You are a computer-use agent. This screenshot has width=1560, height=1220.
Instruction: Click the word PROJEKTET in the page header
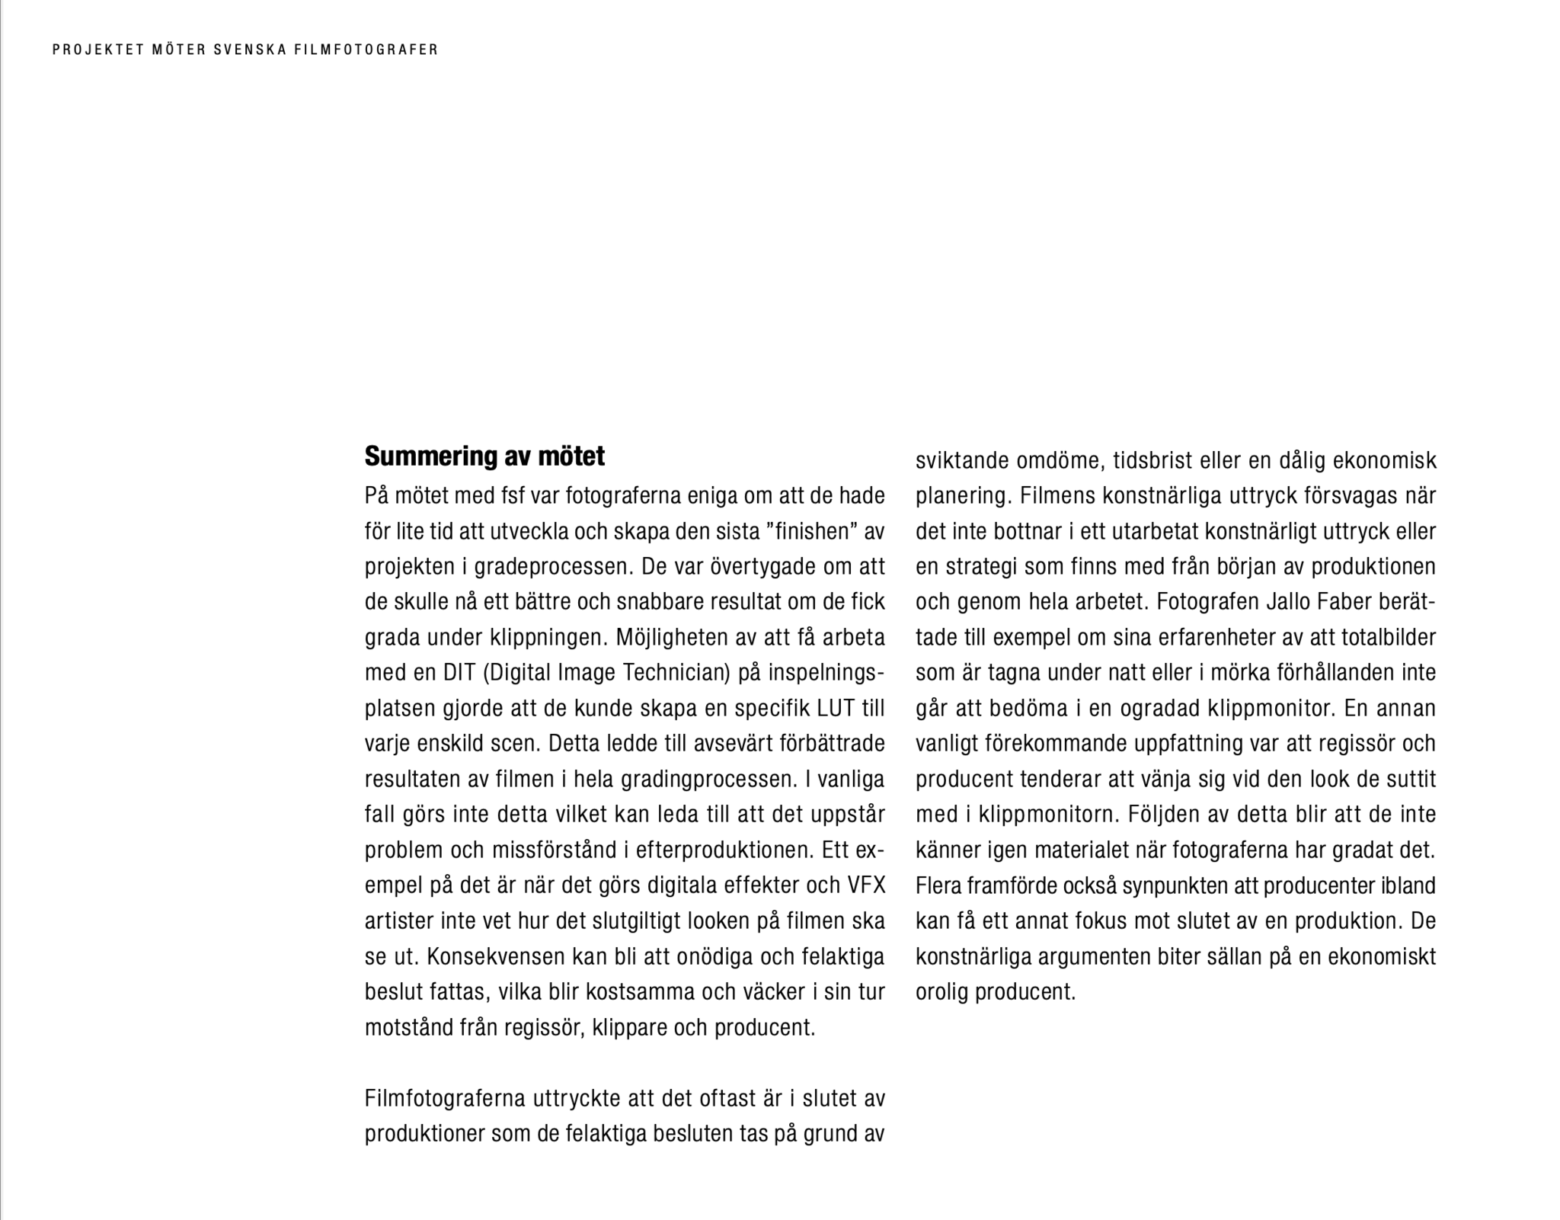98,50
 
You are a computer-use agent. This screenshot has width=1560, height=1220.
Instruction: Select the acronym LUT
836,709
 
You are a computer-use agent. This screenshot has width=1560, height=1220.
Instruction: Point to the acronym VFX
866,885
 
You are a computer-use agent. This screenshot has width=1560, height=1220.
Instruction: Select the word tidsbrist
1152,460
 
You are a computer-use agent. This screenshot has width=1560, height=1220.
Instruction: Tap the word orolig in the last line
941,992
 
